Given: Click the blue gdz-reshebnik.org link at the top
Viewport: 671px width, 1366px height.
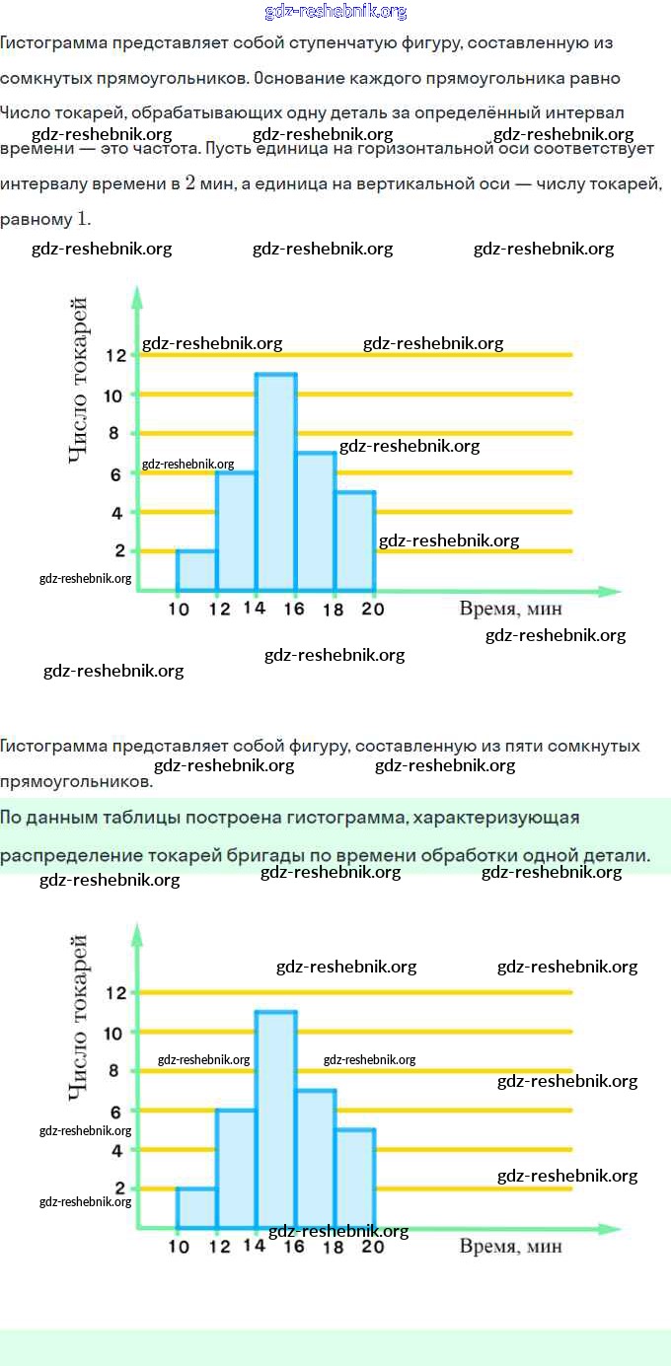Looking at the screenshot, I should (x=335, y=12).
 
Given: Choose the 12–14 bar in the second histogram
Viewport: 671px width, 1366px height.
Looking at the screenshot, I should (x=236, y=1169).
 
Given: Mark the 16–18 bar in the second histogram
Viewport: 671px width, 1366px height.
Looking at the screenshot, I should (x=316, y=1159).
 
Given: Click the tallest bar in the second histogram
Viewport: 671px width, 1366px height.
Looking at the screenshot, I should (x=276, y=1119).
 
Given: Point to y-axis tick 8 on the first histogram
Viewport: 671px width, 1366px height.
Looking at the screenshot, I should (x=114, y=433).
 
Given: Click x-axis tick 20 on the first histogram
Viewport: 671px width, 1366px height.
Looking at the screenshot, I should (x=372, y=610).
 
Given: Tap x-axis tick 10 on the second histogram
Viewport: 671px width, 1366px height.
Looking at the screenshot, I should (x=179, y=1247).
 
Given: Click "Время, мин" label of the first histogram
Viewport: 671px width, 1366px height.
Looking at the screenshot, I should (x=510, y=609).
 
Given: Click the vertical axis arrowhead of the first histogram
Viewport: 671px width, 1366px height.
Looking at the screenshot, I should (x=137, y=293).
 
